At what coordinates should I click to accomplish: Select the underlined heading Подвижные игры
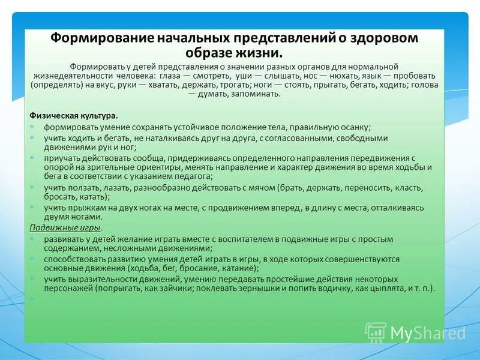point(65,228)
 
